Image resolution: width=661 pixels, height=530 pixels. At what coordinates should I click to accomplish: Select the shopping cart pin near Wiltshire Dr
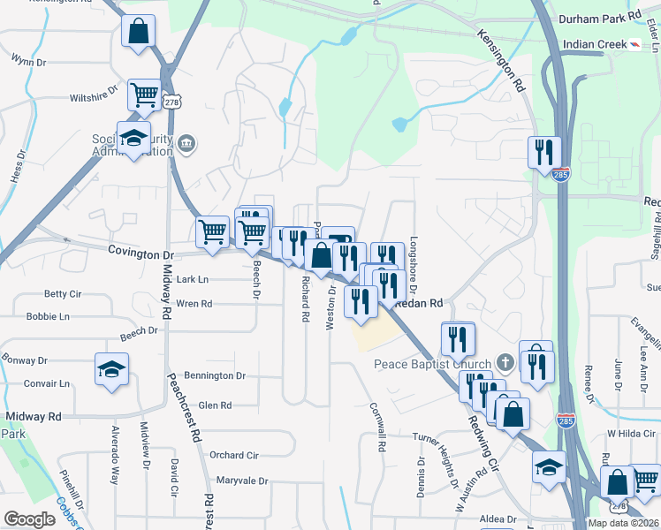click(x=143, y=94)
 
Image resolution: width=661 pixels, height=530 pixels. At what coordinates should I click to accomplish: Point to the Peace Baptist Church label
click(x=432, y=364)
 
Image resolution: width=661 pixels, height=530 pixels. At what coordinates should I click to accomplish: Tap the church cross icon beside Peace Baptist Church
click(x=505, y=362)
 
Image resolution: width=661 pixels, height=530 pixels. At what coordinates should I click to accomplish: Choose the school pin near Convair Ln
click(x=112, y=369)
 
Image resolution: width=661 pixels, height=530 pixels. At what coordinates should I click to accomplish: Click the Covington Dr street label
click(x=141, y=252)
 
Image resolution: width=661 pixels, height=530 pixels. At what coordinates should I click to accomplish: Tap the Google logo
click(x=30, y=519)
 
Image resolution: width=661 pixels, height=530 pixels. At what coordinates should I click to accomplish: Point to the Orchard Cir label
click(x=233, y=455)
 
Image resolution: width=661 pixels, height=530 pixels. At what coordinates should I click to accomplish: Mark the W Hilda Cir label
click(x=627, y=433)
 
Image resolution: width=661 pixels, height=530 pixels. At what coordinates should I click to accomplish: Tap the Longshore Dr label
click(x=413, y=265)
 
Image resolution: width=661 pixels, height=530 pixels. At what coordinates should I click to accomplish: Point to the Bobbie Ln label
click(x=48, y=315)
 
